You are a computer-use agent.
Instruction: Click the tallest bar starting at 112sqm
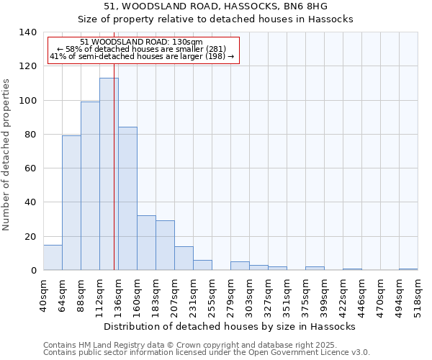(x=109, y=174)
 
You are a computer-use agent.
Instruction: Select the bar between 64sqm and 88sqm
(x=71, y=203)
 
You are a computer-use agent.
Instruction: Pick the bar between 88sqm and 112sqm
(x=90, y=186)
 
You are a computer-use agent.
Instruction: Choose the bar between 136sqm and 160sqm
(x=127, y=199)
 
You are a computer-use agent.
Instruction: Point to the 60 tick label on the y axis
(x=30, y=168)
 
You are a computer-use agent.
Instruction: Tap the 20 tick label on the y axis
(x=30, y=236)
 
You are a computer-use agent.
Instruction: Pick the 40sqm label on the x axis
(x=44, y=295)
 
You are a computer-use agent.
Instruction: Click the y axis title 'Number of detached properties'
(x=6, y=154)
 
